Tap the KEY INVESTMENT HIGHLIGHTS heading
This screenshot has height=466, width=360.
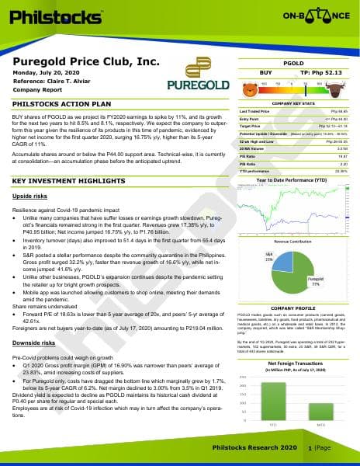pos(72,181)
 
